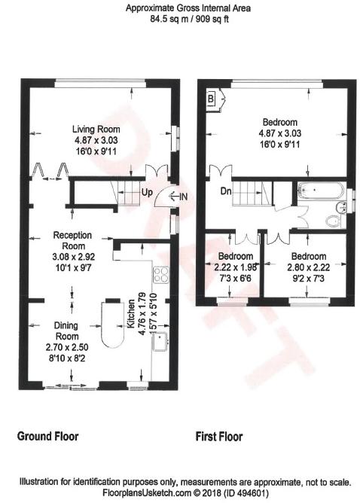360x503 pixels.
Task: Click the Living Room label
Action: point(96,130)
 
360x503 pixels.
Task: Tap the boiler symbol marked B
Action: point(210,99)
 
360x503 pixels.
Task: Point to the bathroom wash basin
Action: point(340,207)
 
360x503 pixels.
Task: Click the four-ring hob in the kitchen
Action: point(161,275)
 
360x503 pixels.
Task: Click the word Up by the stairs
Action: point(147,192)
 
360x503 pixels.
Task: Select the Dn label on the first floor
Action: point(226,191)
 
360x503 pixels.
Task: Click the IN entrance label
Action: point(183,197)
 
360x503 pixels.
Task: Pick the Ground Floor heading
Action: point(47,436)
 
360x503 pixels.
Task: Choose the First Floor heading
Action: point(219,437)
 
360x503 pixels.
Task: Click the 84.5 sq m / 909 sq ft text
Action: point(189,19)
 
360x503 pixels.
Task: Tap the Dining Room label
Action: point(66,331)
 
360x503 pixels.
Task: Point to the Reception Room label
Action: point(73,241)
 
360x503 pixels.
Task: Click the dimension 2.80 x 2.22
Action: point(308,267)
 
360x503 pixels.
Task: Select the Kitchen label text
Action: point(131,314)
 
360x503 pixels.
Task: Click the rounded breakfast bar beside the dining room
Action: point(112,325)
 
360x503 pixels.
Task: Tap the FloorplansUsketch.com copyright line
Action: point(185,492)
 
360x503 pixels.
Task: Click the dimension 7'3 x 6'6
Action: point(236,278)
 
